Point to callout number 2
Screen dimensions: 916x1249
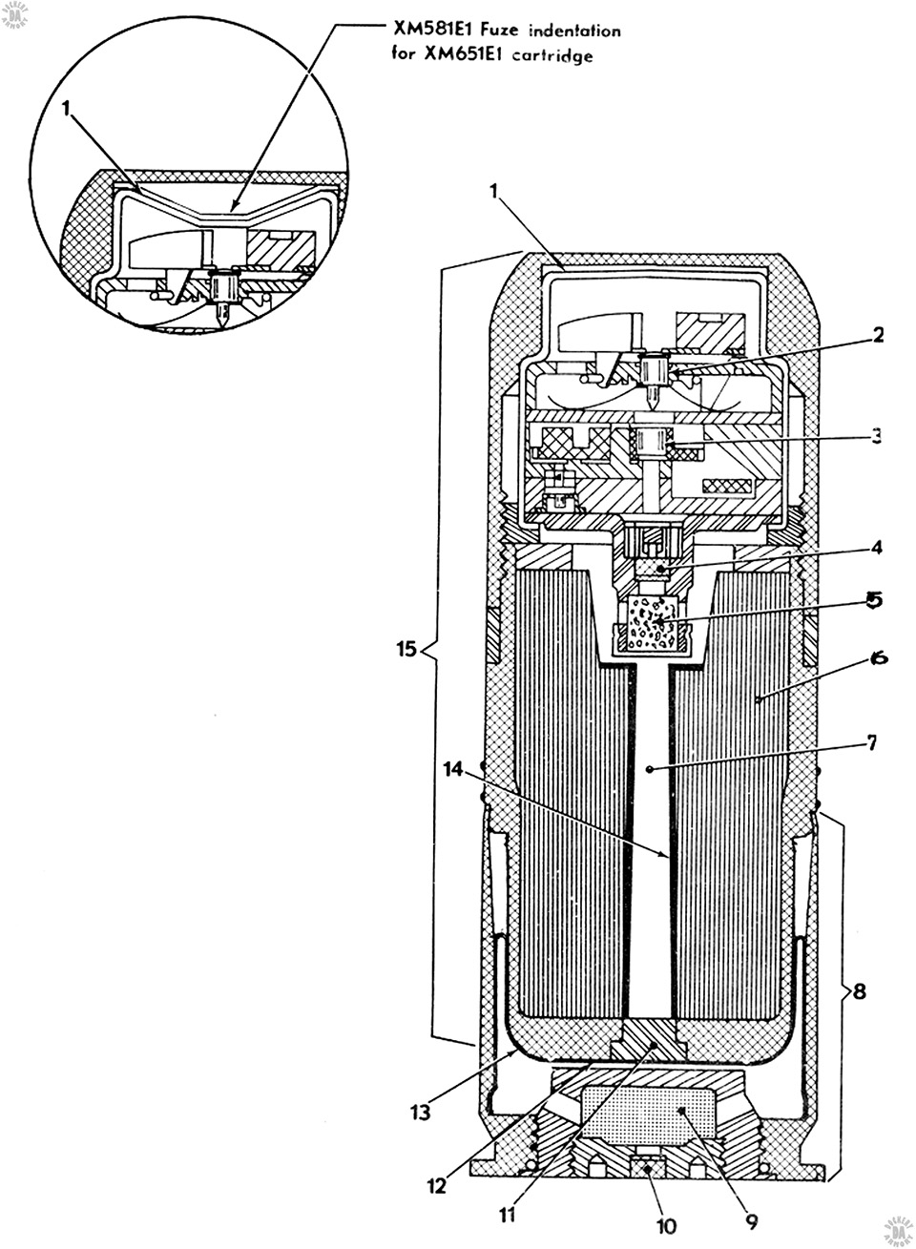(878, 335)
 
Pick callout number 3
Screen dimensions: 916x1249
(876, 435)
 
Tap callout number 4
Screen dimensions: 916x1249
(877, 547)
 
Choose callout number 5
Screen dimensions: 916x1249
(874, 600)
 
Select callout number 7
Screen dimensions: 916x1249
(871, 742)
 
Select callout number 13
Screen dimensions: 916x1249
(421, 1113)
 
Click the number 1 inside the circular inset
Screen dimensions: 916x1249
(67, 109)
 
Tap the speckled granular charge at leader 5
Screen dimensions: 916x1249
(653, 624)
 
